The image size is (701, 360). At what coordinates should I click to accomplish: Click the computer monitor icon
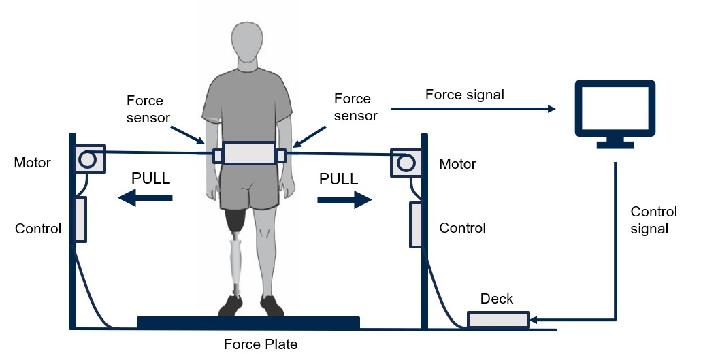click(615, 114)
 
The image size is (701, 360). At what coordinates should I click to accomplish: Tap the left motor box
click(90, 159)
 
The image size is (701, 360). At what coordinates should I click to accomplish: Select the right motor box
click(406, 163)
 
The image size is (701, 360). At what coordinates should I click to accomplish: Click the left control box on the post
click(80, 220)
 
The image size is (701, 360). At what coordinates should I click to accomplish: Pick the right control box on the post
click(415, 225)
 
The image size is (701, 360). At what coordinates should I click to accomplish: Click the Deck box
click(498, 320)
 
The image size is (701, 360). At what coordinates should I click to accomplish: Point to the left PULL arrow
click(145, 197)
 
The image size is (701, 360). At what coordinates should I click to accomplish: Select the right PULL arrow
click(344, 199)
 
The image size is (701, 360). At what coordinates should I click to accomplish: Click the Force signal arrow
click(474, 109)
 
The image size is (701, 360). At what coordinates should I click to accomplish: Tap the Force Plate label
click(261, 344)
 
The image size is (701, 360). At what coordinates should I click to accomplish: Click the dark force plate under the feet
click(248, 323)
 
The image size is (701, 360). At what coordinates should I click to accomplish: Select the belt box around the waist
click(250, 153)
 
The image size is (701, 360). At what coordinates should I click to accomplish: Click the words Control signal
click(653, 220)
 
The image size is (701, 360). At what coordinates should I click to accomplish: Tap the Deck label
click(497, 299)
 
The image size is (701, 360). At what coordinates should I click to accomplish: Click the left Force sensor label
click(148, 109)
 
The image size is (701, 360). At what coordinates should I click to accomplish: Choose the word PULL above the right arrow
click(338, 179)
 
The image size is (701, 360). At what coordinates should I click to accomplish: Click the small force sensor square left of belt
click(218, 156)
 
